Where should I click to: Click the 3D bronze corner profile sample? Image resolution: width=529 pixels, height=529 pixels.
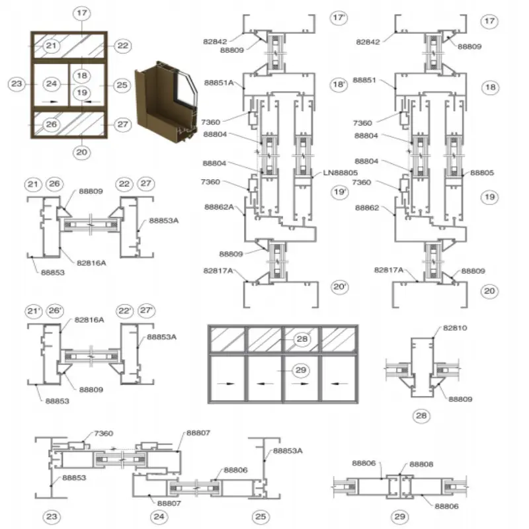tap(165, 101)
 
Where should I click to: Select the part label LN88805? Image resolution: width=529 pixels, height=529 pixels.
tap(340, 173)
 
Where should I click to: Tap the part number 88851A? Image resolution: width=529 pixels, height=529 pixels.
tap(219, 83)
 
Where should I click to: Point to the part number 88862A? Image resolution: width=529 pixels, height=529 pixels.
tap(219, 207)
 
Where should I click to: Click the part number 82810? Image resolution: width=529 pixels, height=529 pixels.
tap(455, 328)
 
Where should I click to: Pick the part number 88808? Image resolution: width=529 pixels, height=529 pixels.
tap(421, 464)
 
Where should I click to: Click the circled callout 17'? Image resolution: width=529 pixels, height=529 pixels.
tap(339, 18)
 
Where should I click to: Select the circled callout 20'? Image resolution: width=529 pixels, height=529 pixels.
tap(339, 287)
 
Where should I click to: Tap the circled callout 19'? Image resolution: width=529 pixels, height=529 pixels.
tap(339, 192)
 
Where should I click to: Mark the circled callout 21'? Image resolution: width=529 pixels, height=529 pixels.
tap(34, 311)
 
